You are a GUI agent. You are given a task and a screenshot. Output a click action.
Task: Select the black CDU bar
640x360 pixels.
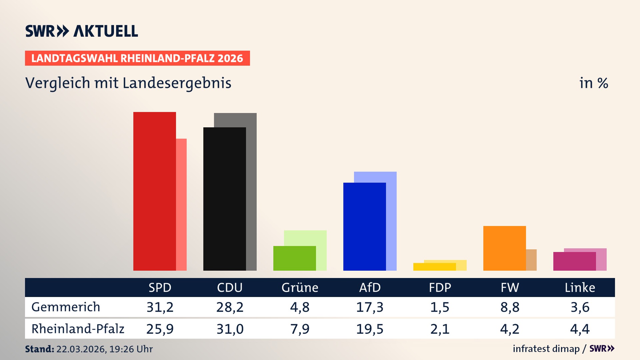[x=224, y=199]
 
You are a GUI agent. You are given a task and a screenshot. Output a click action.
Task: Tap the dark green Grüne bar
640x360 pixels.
[x=294, y=258]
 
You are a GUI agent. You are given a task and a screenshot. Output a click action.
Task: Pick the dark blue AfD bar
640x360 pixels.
[x=364, y=227]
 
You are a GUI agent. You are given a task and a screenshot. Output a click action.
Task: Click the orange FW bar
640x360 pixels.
[x=504, y=248]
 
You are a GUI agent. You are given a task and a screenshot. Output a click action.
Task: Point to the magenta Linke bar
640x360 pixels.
[x=574, y=261]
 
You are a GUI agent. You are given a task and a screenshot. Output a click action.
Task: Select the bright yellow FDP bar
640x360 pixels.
[x=434, y=267]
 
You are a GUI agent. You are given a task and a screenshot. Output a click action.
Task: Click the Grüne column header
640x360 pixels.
[x=300, y=288]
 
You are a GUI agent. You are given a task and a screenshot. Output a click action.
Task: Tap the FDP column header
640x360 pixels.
[x=440, y=288]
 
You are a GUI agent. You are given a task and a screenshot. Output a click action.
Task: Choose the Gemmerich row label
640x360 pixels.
[x=66, y=307]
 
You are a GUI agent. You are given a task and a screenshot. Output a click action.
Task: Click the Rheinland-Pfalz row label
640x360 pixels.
[x=78, y=329]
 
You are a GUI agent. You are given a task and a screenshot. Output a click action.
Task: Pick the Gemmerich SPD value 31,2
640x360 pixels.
[x=160, y=307]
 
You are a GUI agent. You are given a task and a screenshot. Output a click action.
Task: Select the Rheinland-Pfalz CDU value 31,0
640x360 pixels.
[x=230, y=329]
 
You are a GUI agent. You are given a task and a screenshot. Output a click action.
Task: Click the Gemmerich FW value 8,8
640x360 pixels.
[x=510, y=307]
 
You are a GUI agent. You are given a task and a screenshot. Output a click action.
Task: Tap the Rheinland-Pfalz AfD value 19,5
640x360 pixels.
[x=370, y=329]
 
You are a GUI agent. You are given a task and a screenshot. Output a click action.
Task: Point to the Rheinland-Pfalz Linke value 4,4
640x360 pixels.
[x=580, y=329]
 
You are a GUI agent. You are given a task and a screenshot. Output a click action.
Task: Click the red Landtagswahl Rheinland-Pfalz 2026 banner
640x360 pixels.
[x=137, y=58]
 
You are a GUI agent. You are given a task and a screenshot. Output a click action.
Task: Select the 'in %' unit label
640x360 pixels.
[x=594, y=83]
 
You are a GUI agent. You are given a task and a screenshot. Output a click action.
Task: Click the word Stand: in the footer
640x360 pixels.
[x=39, y=349]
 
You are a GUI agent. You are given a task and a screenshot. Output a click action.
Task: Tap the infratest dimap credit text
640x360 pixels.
[x=546, y=349]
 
